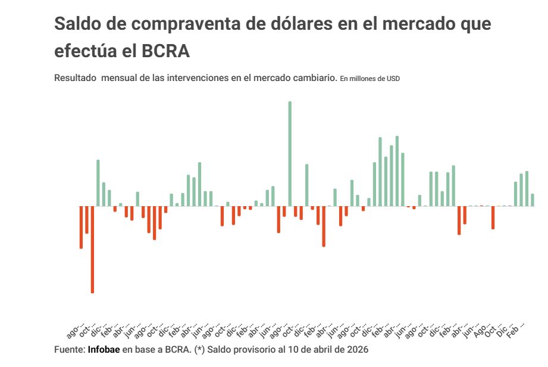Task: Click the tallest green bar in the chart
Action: pos(290,154)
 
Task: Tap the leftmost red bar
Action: pos(81,227)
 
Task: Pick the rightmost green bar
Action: pos(533,200)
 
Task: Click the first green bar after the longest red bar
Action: pos(98,183)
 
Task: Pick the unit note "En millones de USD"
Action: pos(369,79)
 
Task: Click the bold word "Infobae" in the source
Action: pos(104,349)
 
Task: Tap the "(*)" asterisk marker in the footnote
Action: pos(199,349)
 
